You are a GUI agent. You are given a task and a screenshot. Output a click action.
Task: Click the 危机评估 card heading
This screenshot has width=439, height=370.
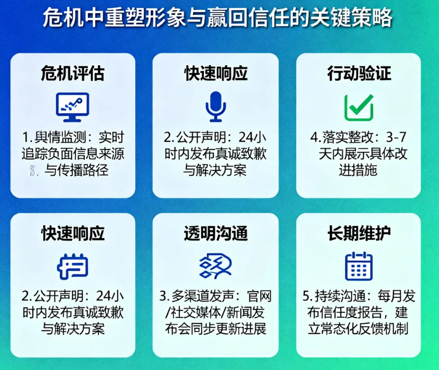[x=73, y=74]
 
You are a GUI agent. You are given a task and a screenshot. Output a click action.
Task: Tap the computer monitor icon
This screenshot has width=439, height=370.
[x=73, y=107]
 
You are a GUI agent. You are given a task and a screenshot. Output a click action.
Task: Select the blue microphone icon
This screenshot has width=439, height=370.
[x=215, y=107]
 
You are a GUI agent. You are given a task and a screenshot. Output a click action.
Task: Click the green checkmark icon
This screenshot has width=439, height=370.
[x=359, y=108]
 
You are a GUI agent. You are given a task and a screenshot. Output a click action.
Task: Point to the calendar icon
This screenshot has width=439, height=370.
[x=359, y=266]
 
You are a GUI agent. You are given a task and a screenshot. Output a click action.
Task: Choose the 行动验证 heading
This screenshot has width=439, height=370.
[x=359, y=74]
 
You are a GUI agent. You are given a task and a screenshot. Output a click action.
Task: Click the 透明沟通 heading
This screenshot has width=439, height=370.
[x=215, y=234]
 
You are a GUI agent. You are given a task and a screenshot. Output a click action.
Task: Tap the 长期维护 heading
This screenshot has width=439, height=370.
[x=359, y=234]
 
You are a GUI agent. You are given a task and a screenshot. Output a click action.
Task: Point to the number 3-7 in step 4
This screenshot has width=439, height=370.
[x=396, y=137]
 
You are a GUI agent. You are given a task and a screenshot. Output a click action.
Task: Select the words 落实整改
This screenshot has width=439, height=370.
[x=348, y=137]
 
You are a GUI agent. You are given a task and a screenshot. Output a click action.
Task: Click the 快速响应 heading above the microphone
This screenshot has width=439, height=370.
[x=215, y=74]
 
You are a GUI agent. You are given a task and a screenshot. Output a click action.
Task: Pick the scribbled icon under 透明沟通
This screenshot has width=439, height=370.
[x=215, y=265]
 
